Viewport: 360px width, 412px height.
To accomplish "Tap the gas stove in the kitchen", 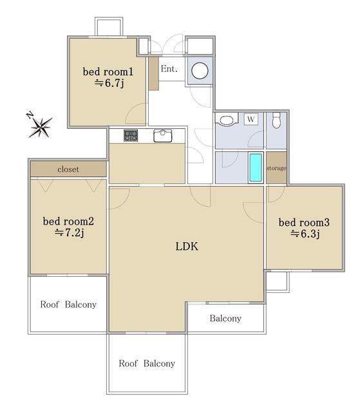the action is click(131, 136).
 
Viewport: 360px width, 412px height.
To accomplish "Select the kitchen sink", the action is click(163, 136).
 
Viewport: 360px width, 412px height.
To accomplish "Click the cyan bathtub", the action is click(256, 167).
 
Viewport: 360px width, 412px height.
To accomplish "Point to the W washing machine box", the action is click(251, 119).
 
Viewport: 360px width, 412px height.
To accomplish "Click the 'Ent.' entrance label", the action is click(169, 69).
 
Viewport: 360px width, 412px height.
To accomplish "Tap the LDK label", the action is click(187, 247).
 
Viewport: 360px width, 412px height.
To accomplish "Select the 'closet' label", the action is click(68, 169).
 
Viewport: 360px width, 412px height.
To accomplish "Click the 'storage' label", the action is click(276, 168).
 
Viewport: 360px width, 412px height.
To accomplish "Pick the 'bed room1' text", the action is click(108, 71).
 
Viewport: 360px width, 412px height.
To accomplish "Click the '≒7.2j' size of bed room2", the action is click(70, 233).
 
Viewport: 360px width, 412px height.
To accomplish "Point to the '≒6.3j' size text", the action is click(305, 234).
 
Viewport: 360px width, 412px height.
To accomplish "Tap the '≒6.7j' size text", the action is click(109, 83).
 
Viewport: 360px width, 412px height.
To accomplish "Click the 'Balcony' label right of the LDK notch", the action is click(225, 319).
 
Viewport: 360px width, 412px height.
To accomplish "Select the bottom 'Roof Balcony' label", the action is click(147, 363).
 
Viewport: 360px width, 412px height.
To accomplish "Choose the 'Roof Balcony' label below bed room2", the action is click(68, 304).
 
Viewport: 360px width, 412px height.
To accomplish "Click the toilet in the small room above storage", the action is click(276, 120).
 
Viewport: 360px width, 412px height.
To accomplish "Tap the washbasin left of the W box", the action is click(227, 120).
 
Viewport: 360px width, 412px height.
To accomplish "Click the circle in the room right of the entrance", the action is click(200, 71).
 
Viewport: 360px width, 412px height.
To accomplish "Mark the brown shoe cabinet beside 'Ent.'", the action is click(154, 73).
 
